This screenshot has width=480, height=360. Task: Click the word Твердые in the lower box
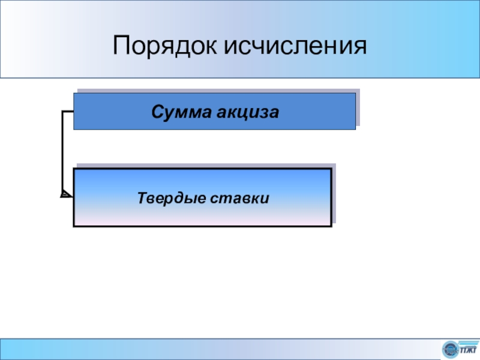(170, 197)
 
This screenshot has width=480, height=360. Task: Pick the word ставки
(239, 197)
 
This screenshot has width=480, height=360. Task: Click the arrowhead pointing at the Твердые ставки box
(65, 194)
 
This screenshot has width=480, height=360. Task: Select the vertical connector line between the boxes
(62, 153)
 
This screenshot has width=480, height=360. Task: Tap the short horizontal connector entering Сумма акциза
(68, 112)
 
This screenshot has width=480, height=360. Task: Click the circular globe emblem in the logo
(449, 348)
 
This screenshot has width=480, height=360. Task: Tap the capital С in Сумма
(157, 112)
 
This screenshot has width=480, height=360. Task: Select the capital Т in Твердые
(142, 197)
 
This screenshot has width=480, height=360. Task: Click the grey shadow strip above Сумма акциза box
(216, 91)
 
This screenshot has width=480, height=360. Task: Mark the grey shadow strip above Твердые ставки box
(204, 166)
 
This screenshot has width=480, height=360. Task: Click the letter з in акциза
(263, 112)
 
